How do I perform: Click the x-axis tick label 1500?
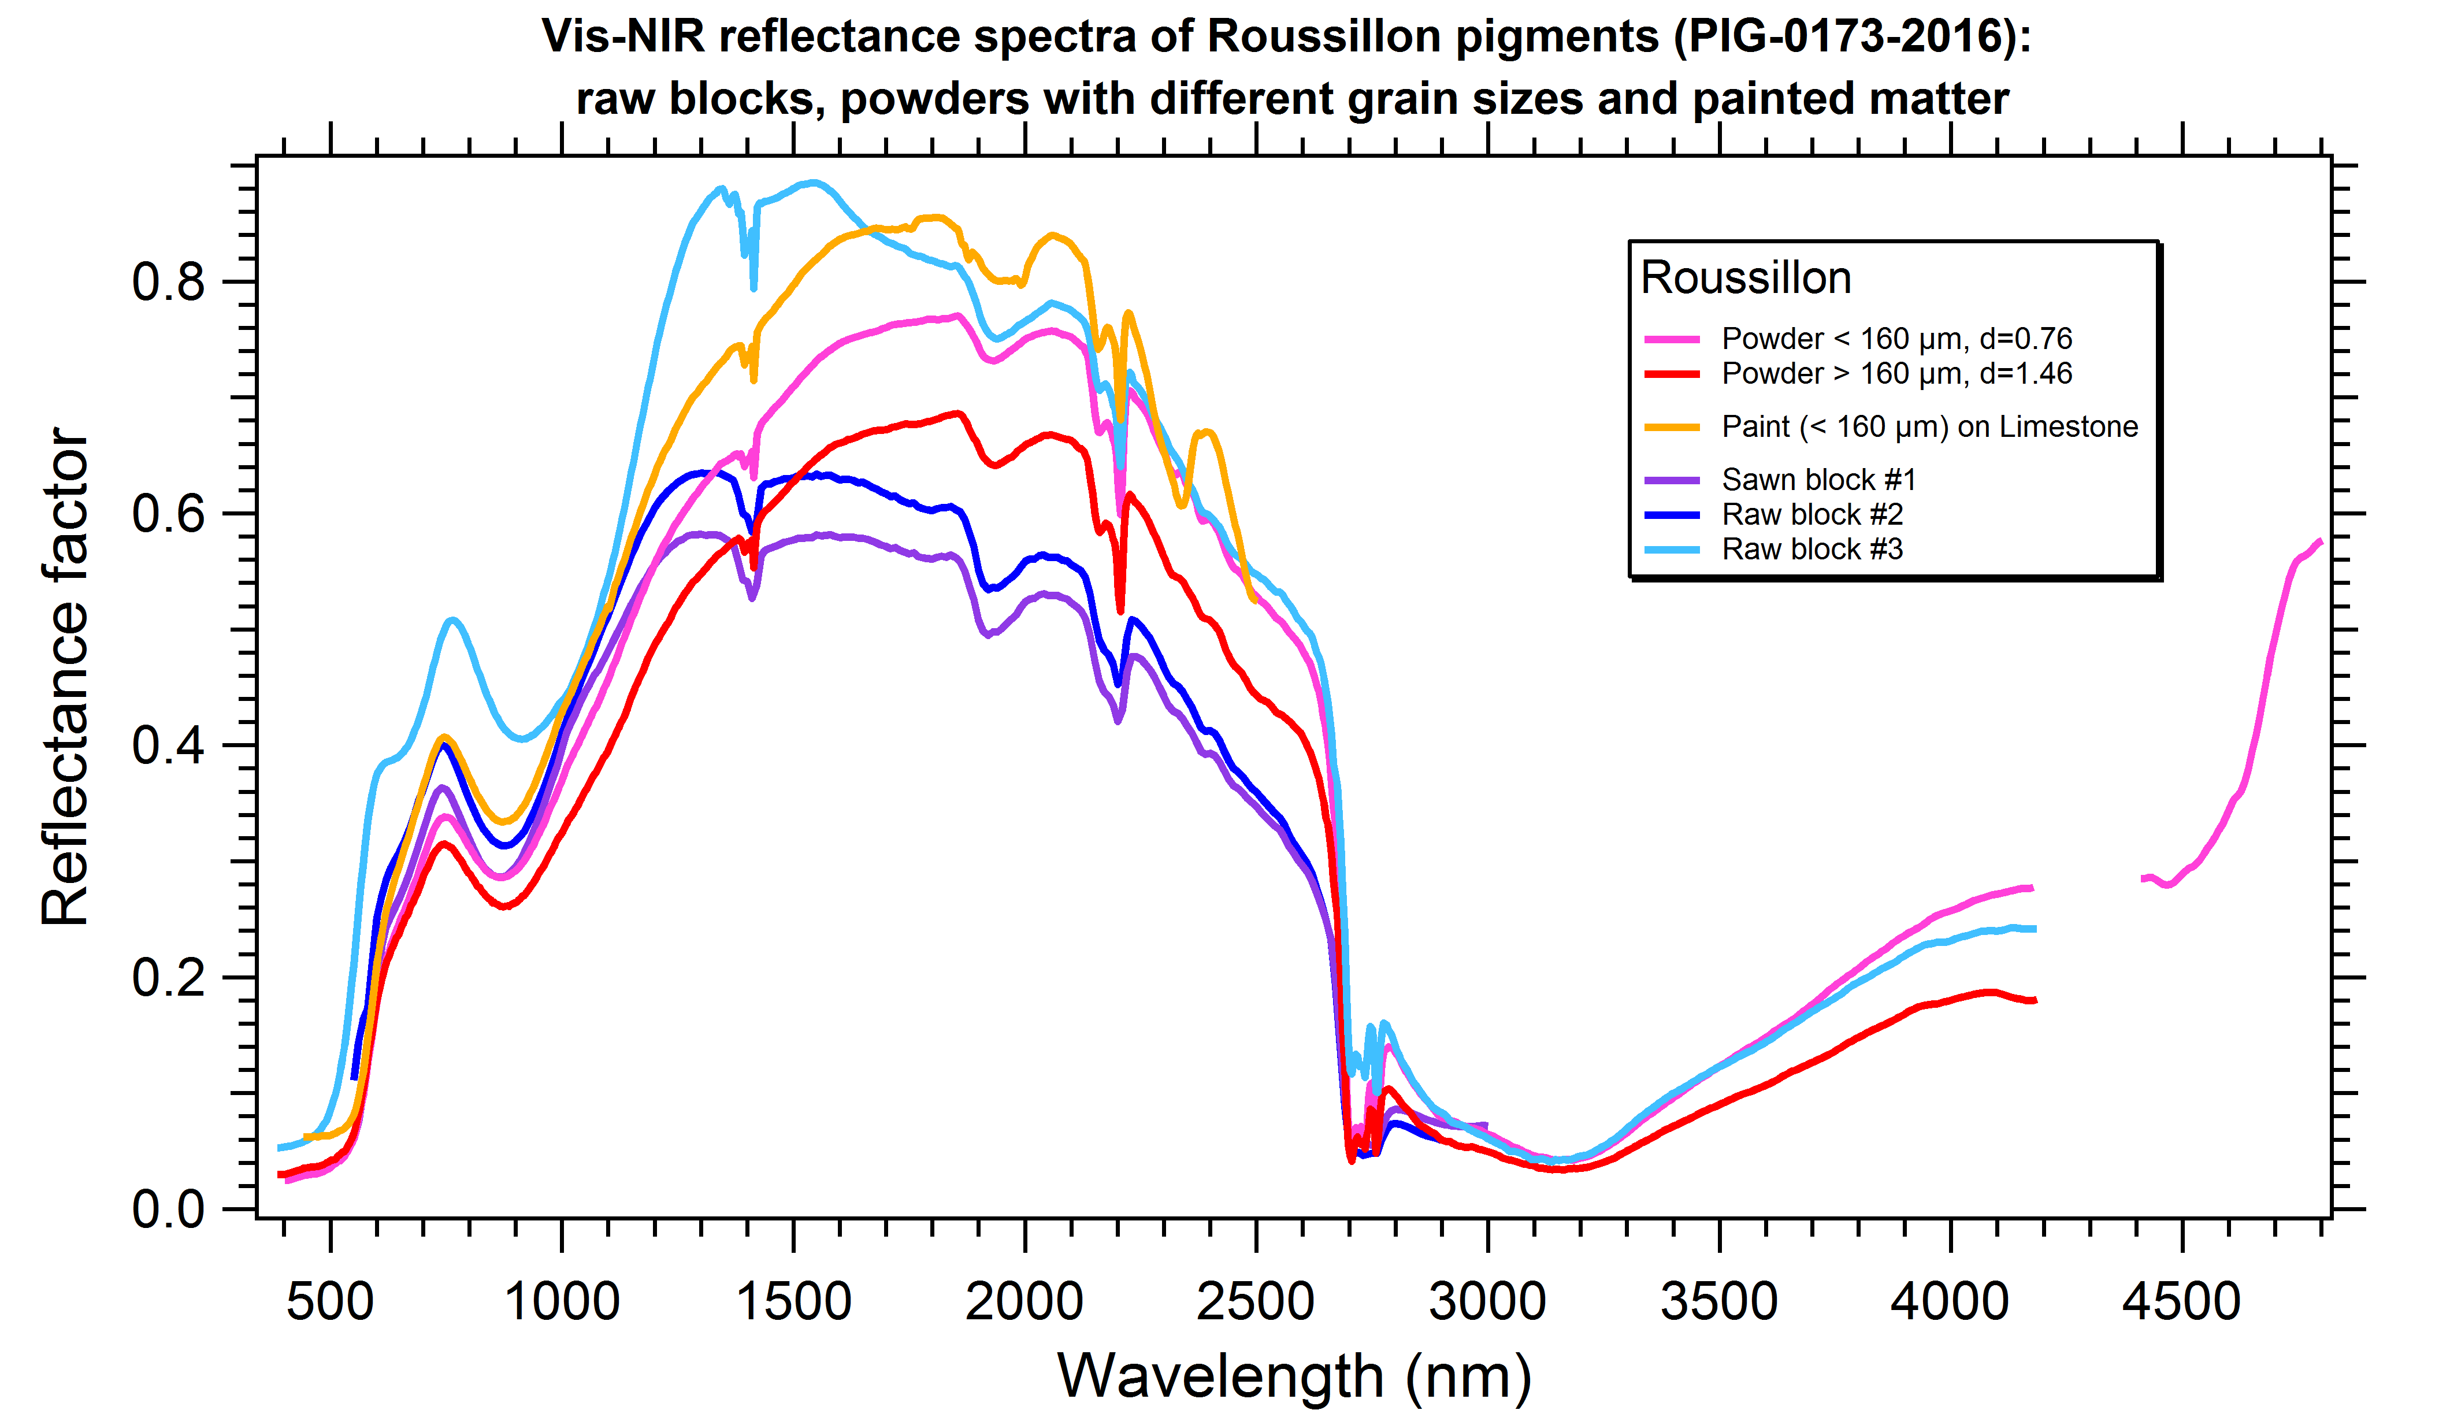(x=793, y=1301)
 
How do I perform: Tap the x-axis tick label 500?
(x=330, y=1301)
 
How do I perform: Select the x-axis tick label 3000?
(x=1487, y=1301)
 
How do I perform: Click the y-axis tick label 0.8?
(x=169, y=282)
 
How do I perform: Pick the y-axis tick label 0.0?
(x=169, y=1209)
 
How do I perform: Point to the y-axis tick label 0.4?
(x=169, y=745)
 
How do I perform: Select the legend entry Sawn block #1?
(x=1818, y=480)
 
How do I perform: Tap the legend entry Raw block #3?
(x=1812, y=549)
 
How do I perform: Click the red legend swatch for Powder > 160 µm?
(x=1672, y=374)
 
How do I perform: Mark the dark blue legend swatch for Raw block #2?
(x=1672, y=514)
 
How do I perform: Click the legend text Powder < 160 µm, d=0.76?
(x=1896, y=339)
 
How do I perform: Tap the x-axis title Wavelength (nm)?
(x=1294, y=1375)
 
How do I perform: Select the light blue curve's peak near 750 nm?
(x=453, y=620)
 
